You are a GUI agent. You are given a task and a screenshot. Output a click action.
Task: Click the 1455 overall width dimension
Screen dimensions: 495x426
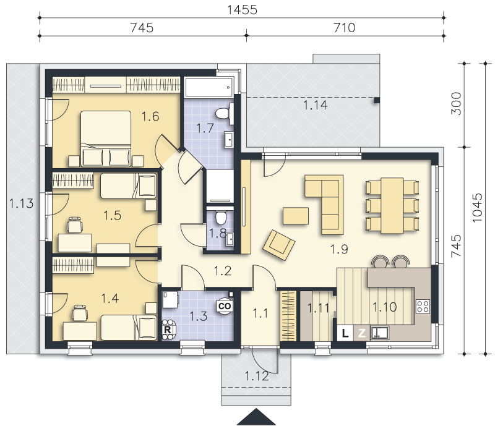click(x=242, y=10)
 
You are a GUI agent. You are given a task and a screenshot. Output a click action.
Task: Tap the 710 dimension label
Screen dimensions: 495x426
click(x=345, y=28)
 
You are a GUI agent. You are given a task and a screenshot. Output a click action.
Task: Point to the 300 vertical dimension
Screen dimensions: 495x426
click(x=456, y=103)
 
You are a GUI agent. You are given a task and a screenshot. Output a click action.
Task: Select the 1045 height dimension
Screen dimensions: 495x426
click(x=477, y=208)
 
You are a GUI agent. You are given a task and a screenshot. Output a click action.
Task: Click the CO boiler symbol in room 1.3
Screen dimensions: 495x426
click(x=225, y=306)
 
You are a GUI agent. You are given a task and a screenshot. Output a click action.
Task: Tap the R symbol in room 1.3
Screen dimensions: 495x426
click(x=168, y=330)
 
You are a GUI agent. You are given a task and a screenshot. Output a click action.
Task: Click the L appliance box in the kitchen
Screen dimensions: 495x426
click(x=345, y=333)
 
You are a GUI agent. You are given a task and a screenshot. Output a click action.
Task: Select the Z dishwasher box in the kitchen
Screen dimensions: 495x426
click(x=361, y=333)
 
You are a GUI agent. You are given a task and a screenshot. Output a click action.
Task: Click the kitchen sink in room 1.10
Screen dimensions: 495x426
click(x=379, y=333)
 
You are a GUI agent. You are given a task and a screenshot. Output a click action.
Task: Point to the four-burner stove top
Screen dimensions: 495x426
click(x=423, y=306)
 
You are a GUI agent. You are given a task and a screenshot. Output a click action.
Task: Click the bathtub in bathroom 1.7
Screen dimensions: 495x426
click(x=209, y=87)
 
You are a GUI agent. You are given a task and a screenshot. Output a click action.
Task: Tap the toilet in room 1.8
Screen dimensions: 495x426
click(x=221, y=216)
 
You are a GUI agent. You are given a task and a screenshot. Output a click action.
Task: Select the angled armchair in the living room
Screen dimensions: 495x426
click(x=279, y=245)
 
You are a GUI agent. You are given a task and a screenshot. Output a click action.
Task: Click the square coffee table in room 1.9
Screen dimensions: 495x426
click(x=296, y=216)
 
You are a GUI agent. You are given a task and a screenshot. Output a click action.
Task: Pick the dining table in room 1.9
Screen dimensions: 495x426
click(x=392, y=205)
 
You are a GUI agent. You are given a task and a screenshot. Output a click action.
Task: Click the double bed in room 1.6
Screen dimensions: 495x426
click(x=106, y=138)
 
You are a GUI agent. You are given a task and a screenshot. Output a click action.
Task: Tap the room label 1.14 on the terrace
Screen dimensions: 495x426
click(x=316, y=105)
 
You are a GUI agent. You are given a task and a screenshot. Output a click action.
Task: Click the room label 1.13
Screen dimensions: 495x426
click(x=21, y=203)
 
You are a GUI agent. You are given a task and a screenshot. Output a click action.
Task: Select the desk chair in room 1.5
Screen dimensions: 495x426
click(x=75, y=225)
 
